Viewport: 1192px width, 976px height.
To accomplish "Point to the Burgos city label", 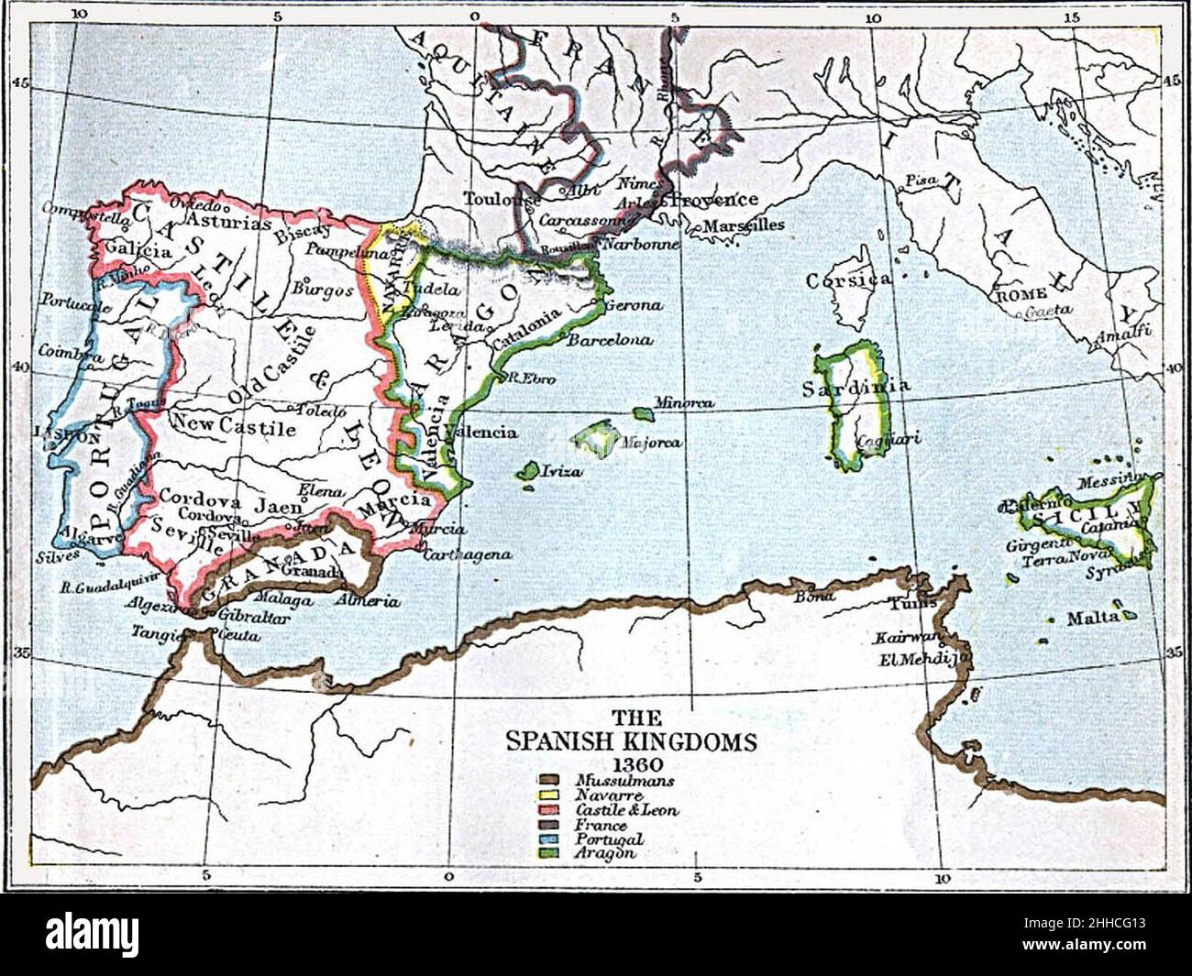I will [323, 290].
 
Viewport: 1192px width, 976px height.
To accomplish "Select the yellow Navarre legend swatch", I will [548, 796].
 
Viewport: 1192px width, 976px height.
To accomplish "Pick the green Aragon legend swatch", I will [548, 854].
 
